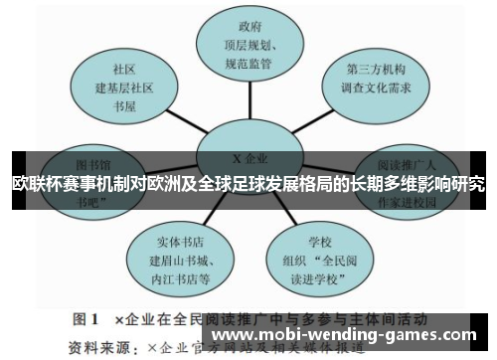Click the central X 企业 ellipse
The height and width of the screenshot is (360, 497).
coord(243,158)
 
